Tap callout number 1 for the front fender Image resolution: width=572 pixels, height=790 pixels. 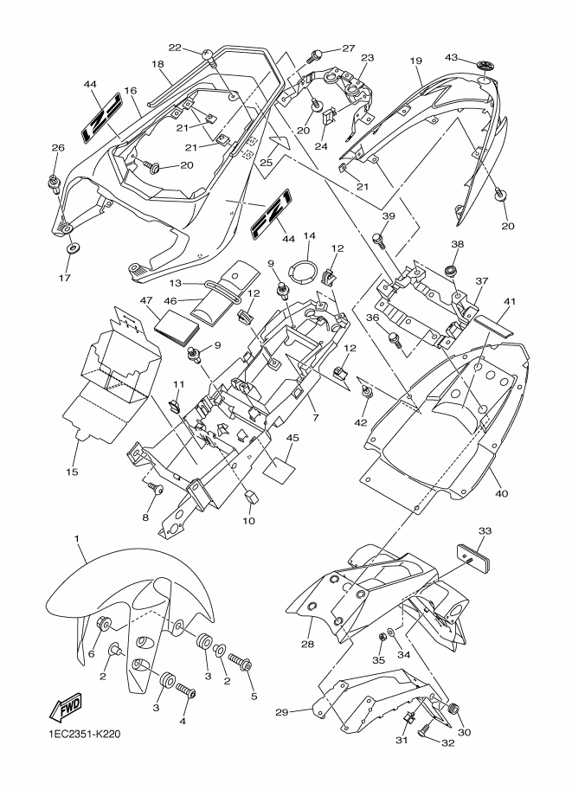pos(77,539)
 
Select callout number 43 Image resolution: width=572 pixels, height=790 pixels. pos(451,57)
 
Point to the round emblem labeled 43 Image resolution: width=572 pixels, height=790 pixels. pos(487,66)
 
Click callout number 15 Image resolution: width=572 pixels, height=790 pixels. pos(72,472)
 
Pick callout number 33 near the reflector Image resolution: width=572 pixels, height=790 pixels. pos(485,531)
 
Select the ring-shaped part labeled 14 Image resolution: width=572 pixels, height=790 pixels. pos(302,271)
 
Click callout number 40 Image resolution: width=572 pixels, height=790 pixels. pos(501,493)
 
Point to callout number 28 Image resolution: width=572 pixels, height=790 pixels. pos(307,644)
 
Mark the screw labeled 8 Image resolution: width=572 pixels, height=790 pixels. pos(155,488)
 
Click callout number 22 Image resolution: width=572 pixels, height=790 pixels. pos(175,48)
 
